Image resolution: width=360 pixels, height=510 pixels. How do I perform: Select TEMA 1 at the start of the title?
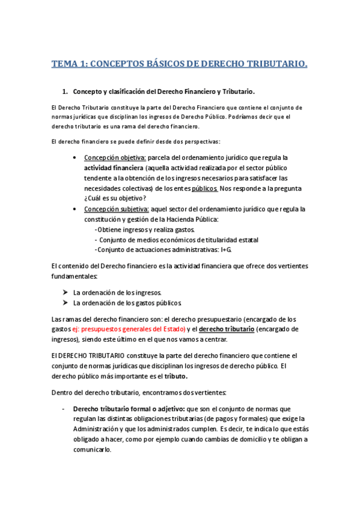coord(67,64)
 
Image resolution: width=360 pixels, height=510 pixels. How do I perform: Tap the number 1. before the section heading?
coord(66,92)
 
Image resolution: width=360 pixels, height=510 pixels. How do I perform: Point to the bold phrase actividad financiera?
coord(113,168)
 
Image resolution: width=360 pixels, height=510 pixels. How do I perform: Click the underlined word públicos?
coord(205,188)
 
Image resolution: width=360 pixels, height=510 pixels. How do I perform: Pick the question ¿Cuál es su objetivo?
coord(115,198)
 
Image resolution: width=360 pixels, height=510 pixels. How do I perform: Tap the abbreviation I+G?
coord(226,250)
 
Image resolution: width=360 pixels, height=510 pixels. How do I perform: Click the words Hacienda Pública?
coord(178,219)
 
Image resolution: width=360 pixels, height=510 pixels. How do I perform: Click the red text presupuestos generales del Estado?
coord(133,329)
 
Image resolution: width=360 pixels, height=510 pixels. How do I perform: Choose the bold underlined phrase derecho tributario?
coord(225,329)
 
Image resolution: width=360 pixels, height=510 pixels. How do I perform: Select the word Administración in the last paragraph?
coord(99,429)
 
